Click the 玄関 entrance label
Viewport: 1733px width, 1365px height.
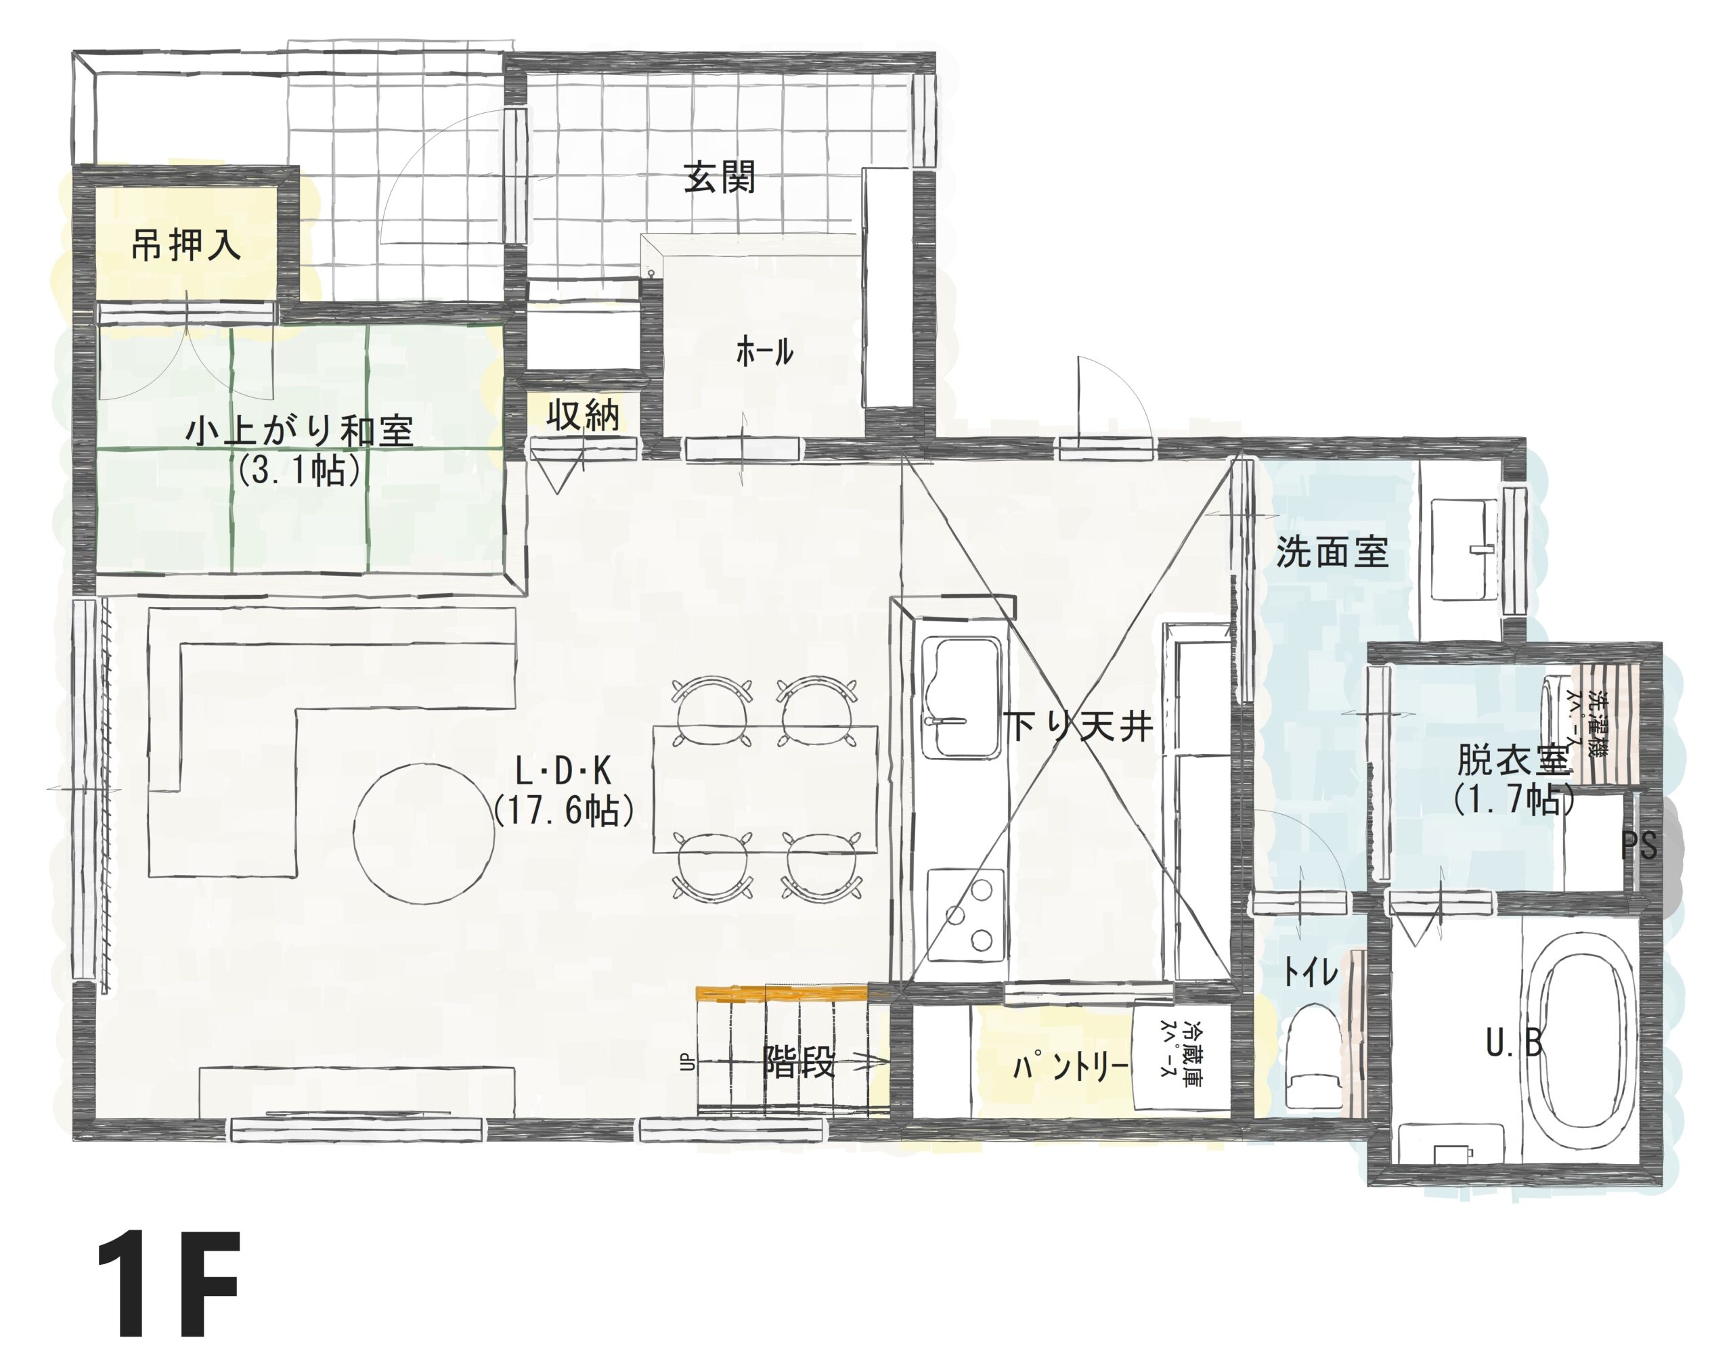[x=720, y=177]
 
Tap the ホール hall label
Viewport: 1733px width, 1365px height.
[x=764, y=352]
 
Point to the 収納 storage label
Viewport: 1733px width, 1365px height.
[x=583, y=415]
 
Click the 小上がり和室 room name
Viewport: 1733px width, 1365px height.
[x=299, y=432]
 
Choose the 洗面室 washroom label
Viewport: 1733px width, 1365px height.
[x=1332, y=552]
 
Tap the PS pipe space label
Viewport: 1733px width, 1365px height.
[x=1639, y=845]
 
